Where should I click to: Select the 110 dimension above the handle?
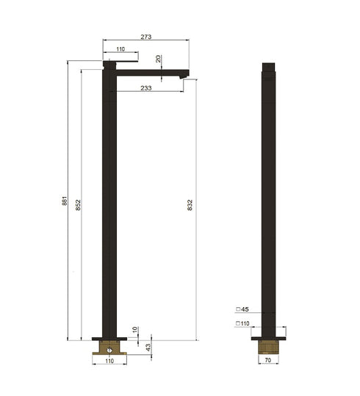pos(120,51)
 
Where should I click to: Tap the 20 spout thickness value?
pos(158,60)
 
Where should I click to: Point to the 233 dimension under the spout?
pos(147,87)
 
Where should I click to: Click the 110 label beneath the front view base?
pos(110,362)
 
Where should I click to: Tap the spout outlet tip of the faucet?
pos(184,73)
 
